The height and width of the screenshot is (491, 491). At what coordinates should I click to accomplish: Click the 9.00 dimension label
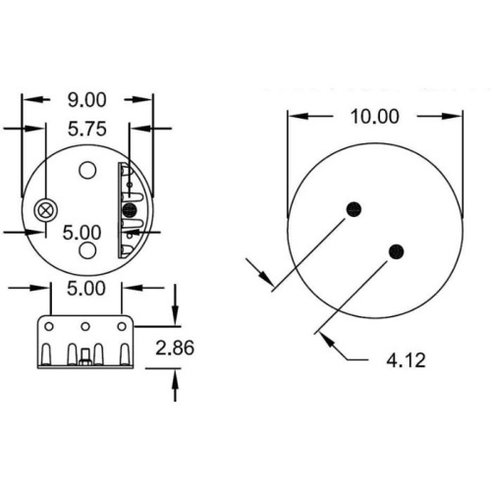[87, 100]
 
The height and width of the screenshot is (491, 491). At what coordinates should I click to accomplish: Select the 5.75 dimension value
[87, 129]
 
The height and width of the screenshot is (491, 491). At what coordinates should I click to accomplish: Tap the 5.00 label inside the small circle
[82, 233]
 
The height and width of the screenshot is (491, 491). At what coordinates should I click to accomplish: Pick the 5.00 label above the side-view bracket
[86, 289]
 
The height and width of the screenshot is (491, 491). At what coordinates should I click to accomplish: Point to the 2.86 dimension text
[175, 348]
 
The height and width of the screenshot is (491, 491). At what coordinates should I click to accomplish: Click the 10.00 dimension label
[375, 117]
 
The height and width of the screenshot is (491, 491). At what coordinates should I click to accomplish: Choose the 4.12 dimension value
[406, 360]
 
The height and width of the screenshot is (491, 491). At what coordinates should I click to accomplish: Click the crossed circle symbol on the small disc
[46, 210]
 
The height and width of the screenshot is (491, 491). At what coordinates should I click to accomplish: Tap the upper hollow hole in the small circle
[87, 170]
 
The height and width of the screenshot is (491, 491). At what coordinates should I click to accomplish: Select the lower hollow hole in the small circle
[87, 250]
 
